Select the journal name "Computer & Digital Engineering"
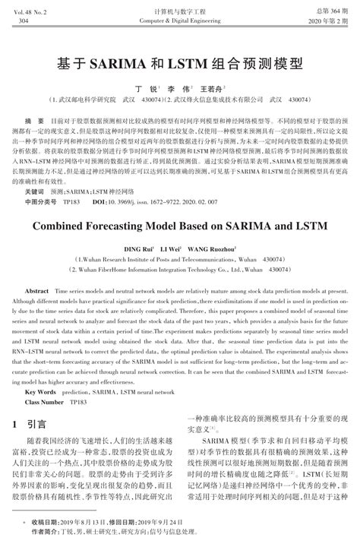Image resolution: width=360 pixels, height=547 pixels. pos(180,21)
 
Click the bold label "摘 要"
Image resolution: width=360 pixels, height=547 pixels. pos(34,121)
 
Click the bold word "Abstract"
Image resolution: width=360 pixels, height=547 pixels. pos(37,292)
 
